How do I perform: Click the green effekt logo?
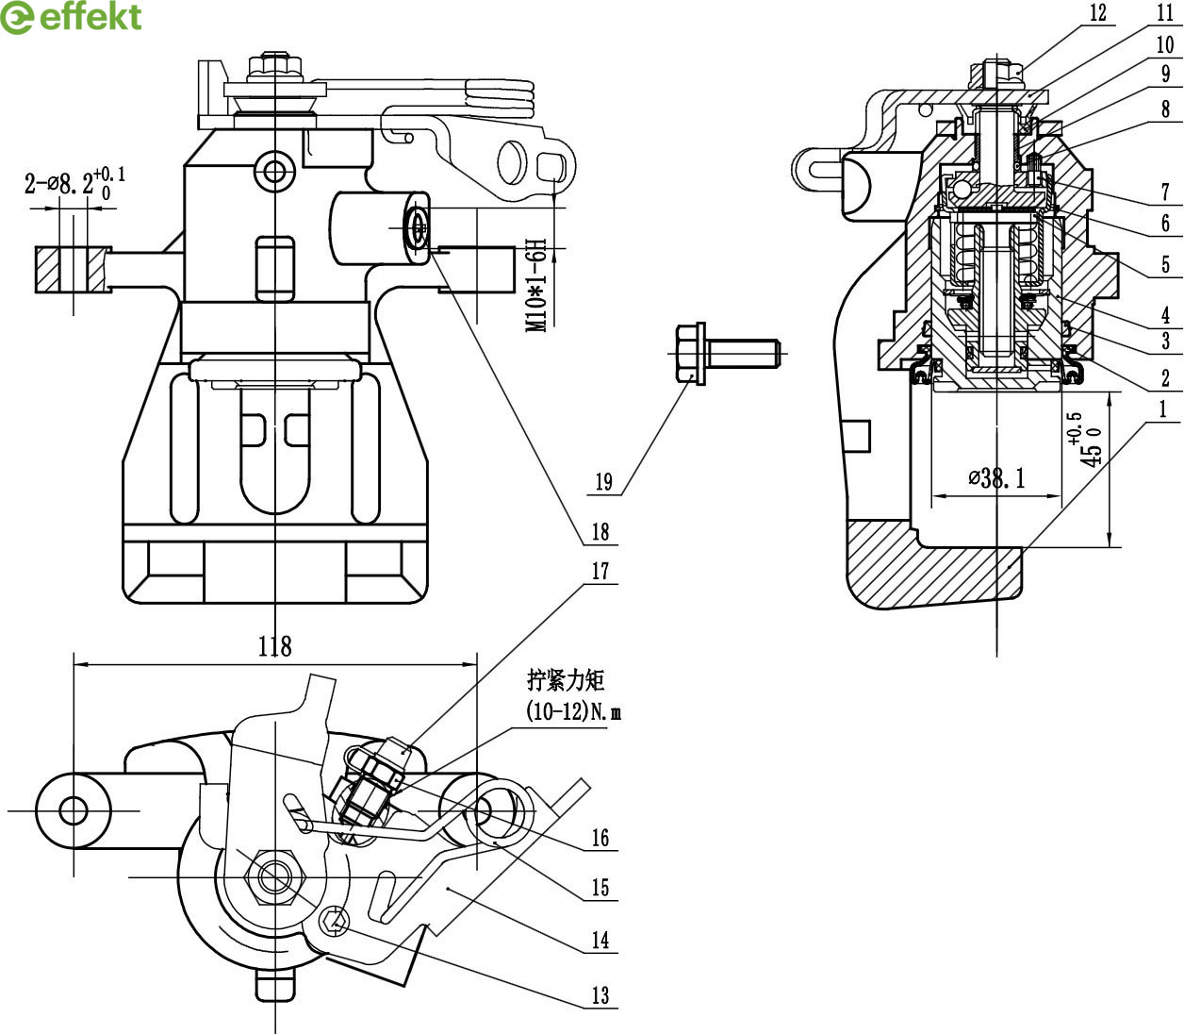(x=71, y=17)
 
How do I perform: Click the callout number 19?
(x=603, y=482)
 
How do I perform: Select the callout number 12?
(x=1098, y=13)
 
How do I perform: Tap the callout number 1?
(x=1162, y=409)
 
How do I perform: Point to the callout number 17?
(x=600, y=572)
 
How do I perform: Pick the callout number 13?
(x=600, y=995)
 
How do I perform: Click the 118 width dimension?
(x=275, y=646)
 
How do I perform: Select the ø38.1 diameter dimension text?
(x=996, y=478)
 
